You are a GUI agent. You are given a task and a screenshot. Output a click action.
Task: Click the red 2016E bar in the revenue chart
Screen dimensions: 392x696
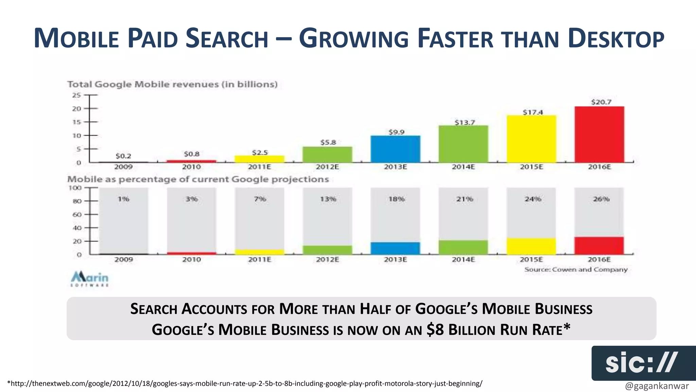click(599, 134)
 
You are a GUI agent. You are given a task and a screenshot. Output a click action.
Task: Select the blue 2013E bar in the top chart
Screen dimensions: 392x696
click(395, 149)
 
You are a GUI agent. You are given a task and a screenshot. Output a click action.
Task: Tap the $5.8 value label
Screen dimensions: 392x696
click(328, 142)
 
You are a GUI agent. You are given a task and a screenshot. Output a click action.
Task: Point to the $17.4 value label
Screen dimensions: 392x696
click(533, 112)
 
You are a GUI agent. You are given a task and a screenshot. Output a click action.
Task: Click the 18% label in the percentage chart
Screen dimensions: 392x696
click(396, 199)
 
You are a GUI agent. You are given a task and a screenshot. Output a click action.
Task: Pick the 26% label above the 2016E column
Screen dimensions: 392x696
click(601, 199)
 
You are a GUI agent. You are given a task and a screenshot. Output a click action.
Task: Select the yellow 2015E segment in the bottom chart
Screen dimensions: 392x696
click(531, 246)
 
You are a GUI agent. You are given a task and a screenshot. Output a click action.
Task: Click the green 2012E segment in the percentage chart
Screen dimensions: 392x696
click(327, 250)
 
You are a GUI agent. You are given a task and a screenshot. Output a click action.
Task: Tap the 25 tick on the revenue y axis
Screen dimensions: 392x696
click(76, 95)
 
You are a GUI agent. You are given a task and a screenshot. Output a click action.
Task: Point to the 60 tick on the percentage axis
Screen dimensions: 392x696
click(77, 214)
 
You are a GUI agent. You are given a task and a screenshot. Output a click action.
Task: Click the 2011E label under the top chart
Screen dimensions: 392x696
click(259, 167)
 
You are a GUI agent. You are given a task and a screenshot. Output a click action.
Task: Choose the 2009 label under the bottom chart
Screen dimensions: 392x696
click(123, 260)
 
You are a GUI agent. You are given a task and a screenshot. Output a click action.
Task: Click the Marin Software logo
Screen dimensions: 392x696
click(90, 279)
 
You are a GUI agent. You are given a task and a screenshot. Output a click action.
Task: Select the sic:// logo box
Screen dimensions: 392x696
click(643, 363)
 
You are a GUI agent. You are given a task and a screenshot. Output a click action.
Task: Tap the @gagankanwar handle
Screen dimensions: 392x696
click(657, 386)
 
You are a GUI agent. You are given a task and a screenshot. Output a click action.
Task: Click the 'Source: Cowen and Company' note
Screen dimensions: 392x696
click(576, 269)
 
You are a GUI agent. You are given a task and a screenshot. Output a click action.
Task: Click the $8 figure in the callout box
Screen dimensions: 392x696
click(435, 329)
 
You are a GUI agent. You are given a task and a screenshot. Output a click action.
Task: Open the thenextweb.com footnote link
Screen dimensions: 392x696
click(245, 383)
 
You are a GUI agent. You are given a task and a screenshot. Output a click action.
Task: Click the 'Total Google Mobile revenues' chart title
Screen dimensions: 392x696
click(172, 84)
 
